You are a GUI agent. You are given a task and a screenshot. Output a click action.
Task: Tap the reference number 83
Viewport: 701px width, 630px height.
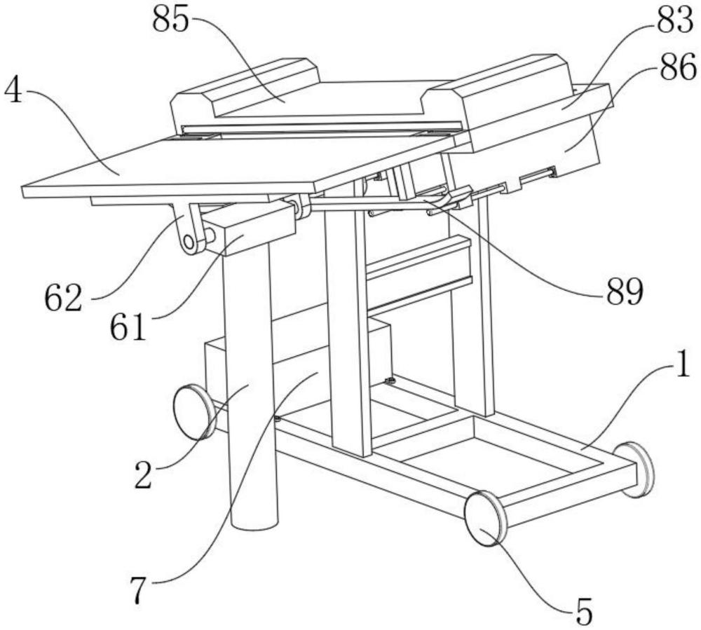point(674,21)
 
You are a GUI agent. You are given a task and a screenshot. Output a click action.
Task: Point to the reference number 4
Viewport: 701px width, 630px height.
point(13,92)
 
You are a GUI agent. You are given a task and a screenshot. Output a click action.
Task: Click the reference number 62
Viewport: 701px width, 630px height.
point(64,299)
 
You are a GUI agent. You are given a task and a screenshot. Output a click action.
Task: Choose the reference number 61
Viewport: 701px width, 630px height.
point(128,327)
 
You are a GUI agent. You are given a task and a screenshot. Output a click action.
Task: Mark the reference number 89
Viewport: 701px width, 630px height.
point(624,291)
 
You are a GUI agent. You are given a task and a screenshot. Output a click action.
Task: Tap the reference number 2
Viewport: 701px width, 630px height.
point(144,476)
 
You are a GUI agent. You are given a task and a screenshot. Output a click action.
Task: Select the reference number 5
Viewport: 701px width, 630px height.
point(584,612)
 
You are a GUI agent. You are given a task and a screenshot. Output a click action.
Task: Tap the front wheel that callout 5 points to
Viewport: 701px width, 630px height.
point(486,518)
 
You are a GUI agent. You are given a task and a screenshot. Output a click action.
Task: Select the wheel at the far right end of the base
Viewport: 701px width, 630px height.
point(637,469)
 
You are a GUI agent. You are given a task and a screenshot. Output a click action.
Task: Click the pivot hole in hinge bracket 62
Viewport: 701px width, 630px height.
point(188,242)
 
